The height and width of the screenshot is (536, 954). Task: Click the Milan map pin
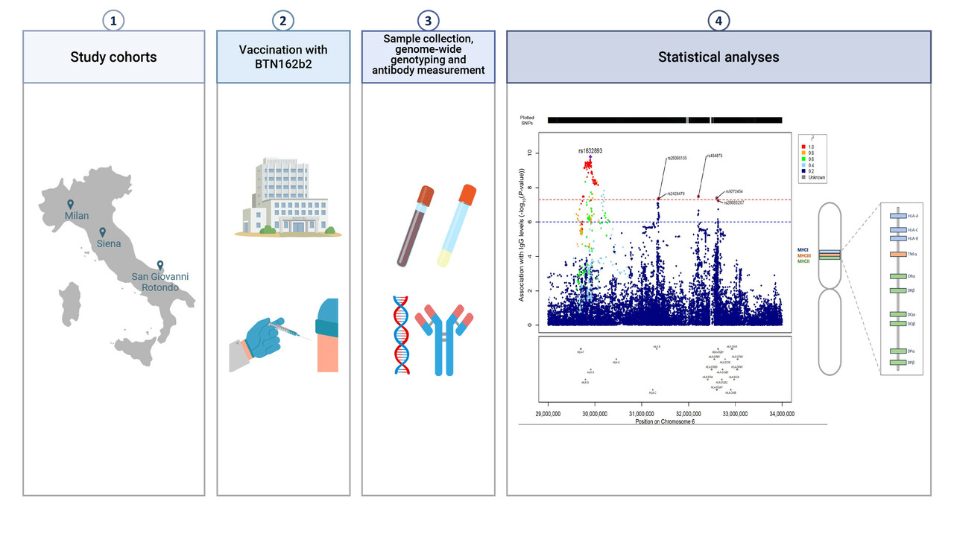(70, 204)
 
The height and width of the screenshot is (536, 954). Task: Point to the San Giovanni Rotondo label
(160, 282)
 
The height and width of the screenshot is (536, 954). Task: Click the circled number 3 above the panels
(428, 21)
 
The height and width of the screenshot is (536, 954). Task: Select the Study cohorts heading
(113, 57)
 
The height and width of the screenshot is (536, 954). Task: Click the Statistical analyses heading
(718, 57)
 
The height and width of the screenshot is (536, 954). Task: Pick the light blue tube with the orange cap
(456, 225)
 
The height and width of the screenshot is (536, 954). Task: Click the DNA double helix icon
(401, 334)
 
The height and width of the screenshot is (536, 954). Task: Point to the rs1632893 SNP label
(590, 151)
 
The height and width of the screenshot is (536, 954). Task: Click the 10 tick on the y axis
(529, 153)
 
